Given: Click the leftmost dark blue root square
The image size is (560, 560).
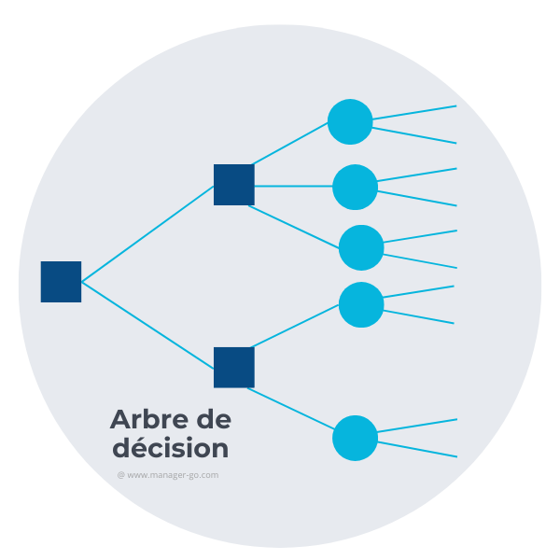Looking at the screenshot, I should (61, 282).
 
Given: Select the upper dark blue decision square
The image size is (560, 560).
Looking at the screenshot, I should (233, 185).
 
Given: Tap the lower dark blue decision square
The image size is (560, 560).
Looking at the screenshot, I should (233, 367).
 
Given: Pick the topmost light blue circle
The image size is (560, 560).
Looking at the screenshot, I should (350, 121).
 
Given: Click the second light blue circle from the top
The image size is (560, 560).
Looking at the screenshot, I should (355, 187).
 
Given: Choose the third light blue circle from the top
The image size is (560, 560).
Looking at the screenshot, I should (361, 247).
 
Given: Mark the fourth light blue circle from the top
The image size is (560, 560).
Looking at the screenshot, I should (361, 304).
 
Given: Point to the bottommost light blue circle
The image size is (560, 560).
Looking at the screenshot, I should (355, 438).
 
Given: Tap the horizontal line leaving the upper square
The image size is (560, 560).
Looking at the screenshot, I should (293, 186).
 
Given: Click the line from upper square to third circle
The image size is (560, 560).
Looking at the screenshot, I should (297, 227).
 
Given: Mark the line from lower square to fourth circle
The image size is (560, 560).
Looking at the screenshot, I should (297, 326).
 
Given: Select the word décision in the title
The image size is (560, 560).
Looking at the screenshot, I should (170, 448).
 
